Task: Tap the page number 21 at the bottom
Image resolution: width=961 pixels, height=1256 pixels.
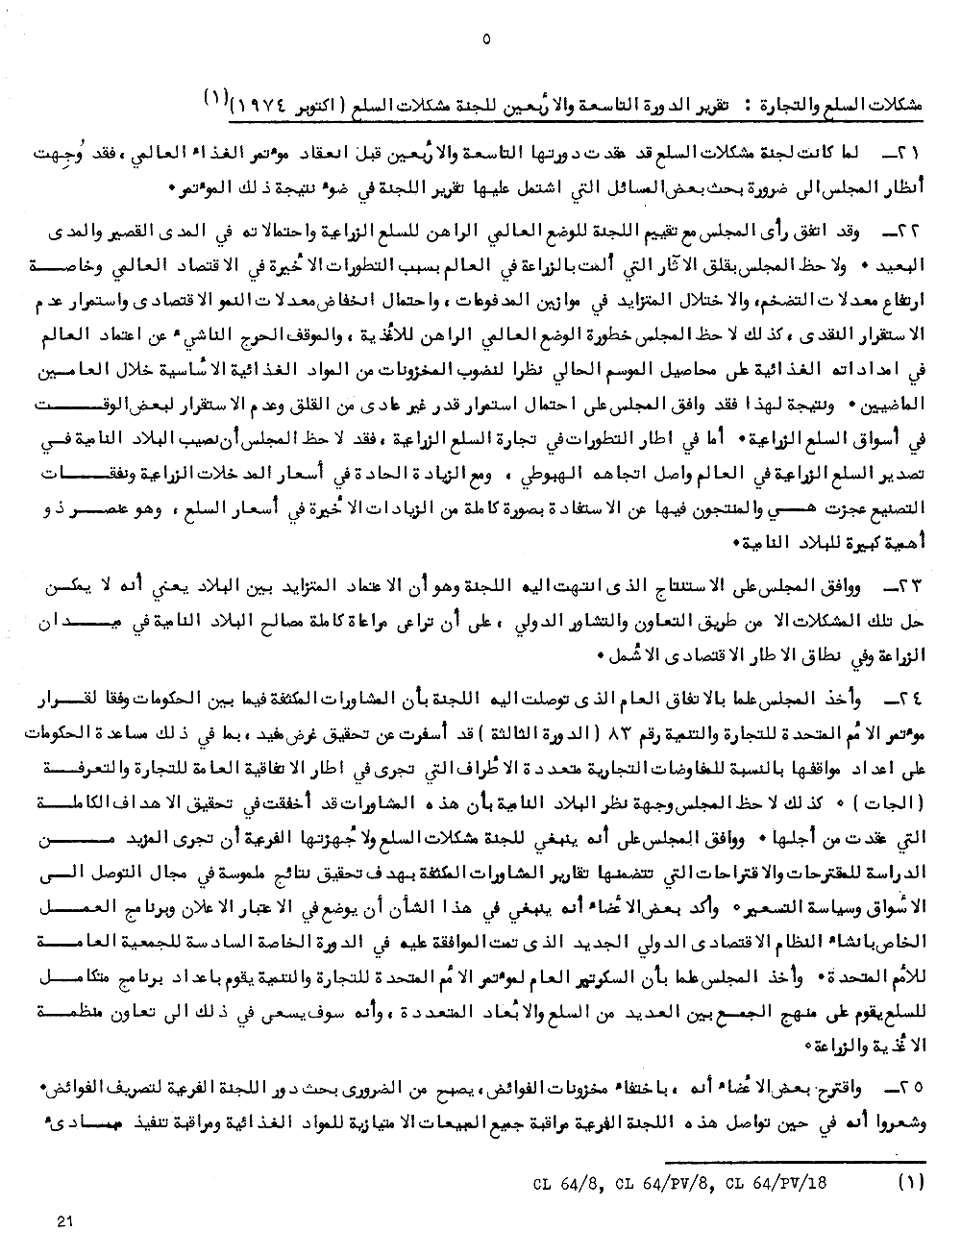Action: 66,1220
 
